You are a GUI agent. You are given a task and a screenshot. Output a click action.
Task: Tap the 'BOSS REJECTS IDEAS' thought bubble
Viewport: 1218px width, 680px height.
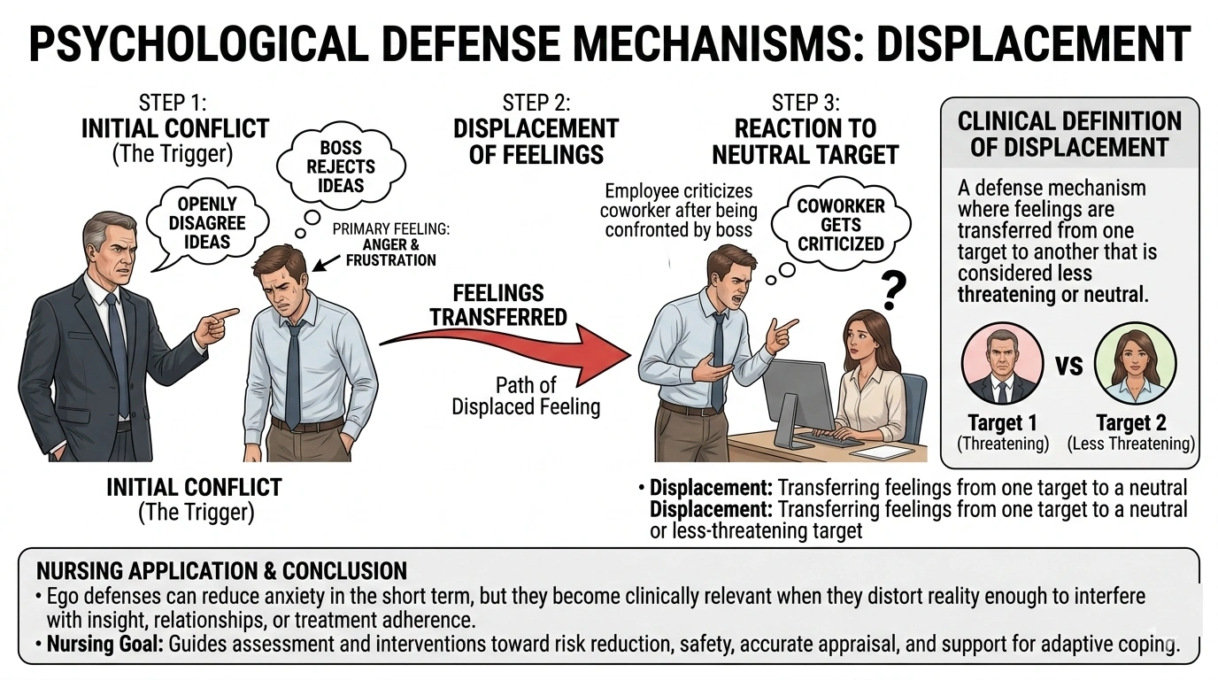click(x=341, y=166)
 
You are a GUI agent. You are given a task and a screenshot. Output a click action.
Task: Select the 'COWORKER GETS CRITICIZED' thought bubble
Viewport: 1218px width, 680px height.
click(x=840, y=225)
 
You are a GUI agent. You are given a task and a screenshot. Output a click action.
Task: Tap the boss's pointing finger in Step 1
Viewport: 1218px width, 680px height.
click(x=227, y=314)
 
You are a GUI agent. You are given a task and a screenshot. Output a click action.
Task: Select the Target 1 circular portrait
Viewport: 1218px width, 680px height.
click(x=1002, y=364)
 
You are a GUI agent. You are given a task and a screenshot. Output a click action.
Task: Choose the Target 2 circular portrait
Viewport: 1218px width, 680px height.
click(x=1135, y=364)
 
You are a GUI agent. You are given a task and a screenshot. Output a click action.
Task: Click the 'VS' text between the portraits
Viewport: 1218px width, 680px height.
click(x=1069, y=365)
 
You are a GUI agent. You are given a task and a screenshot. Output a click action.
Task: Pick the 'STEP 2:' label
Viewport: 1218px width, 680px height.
click(x=536, y=103)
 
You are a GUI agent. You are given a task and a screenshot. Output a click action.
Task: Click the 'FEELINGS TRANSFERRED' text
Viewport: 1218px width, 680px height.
click(x=499, y=305)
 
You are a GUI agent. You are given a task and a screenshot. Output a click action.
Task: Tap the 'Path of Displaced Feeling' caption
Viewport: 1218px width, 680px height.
click(x=526, y=396)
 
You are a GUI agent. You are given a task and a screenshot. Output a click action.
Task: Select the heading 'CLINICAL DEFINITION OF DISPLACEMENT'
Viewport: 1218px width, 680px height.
click(x=1069, y=134)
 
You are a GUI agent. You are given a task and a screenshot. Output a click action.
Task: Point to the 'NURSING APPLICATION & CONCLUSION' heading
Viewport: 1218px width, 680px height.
click(x=221, y=570)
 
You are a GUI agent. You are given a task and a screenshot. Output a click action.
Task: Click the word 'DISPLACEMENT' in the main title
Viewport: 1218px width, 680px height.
click(x=1032, y=43)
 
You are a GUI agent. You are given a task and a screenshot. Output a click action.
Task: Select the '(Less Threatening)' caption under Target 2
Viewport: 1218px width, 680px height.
click(x=1130, y=444)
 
